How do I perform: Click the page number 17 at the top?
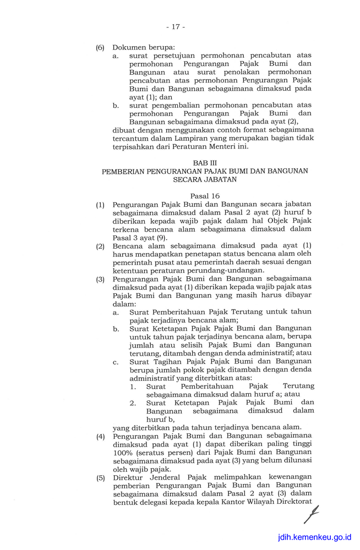[x=176, y=26]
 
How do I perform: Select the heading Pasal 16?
[x=205, y=196]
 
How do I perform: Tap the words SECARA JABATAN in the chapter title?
[x=205, y=179]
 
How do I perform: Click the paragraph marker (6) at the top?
[x=100, y=47]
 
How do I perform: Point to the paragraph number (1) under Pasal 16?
[x=100, y=205]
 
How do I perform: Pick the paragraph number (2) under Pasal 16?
[x=100, y=246]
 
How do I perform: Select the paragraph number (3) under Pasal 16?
[x=100, y=279]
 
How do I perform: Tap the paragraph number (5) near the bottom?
[x=100, y=477]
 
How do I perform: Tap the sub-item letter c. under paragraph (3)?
[x=116, y=361]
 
